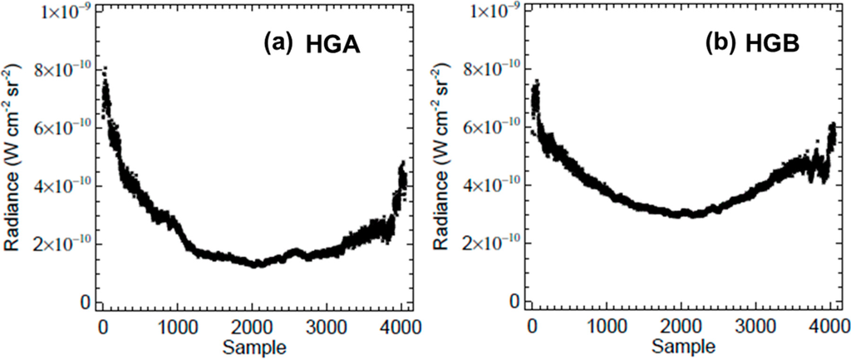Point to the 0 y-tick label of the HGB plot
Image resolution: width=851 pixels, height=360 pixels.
pos(515,301)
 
